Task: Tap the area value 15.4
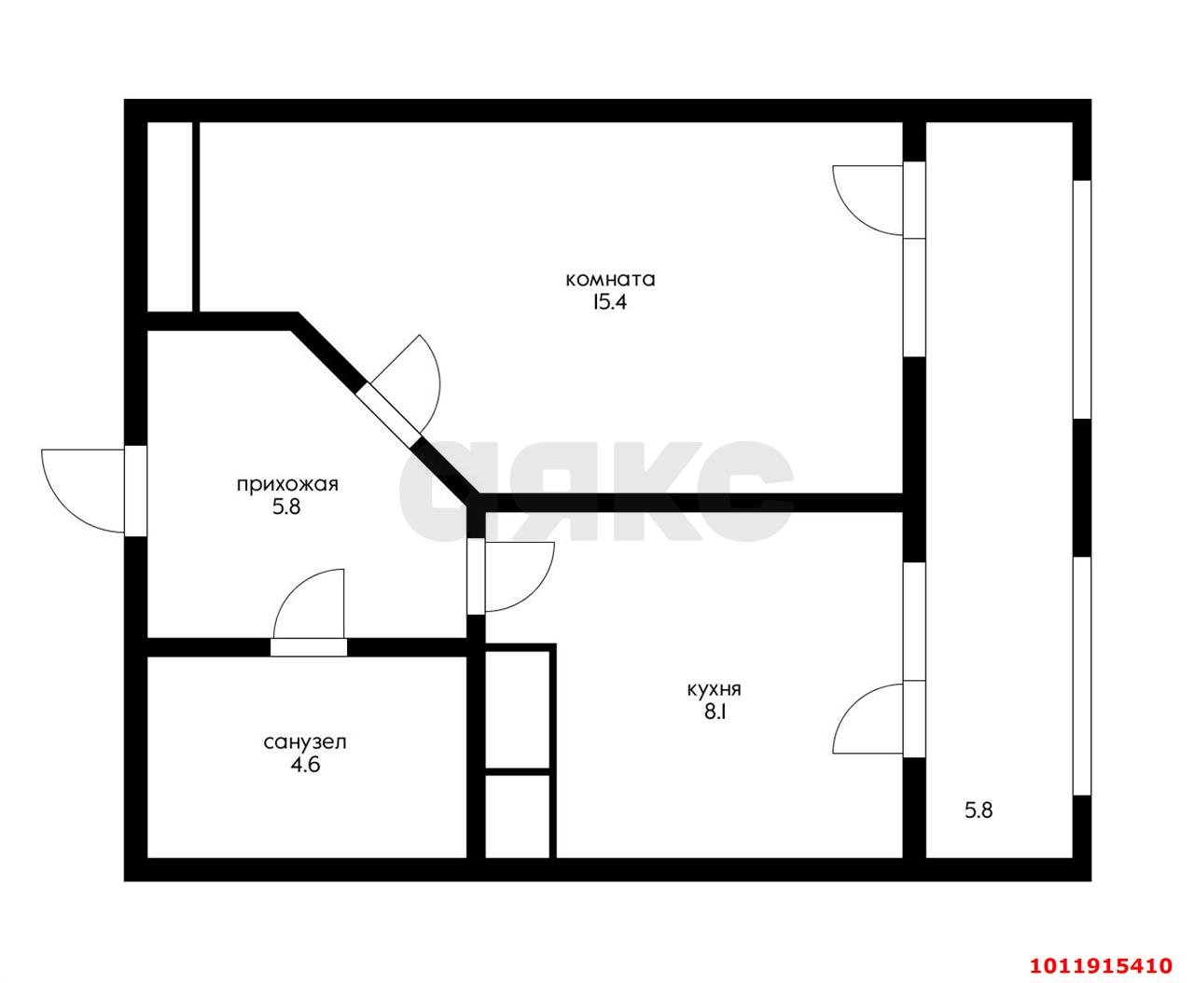(609, 302)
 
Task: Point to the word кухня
(715, 689)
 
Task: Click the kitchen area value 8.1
(715, 712)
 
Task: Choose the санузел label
(305, 742)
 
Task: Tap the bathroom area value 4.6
(305, 765)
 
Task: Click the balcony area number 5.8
(979, 810)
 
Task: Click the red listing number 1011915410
(1101, 950)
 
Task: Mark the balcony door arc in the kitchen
(846, 704)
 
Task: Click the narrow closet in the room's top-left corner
(170, 216)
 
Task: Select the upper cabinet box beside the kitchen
(517, 709)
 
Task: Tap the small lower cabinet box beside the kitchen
(517, 817)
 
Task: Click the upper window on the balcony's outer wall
(1082, 299)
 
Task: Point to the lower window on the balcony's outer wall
(1082, 675)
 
